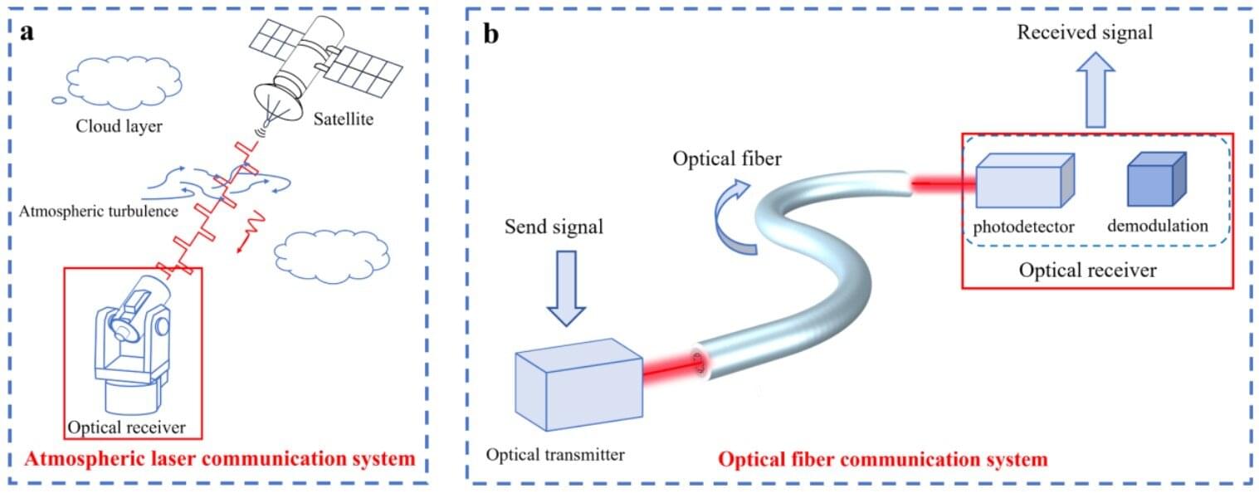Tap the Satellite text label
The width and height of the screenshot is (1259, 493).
pyautogui.click(x=344, y=120)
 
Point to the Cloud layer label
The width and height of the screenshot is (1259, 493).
pyautogui.click(x=120, y=127)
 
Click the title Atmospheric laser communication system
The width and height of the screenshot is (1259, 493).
pyautogui.click(x=220, y=458)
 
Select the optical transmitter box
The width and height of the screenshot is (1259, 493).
pyautogui.click(x=578, y=384)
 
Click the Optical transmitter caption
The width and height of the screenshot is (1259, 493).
pyautogui.click(x=554, y=454)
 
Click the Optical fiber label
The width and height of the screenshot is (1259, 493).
pyautogui.click(x=726, y=159)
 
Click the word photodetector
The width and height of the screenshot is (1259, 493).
pyautogui.click(x=1024, y=226)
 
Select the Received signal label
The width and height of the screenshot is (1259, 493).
pyautogui.click(x=1085, y=32)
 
